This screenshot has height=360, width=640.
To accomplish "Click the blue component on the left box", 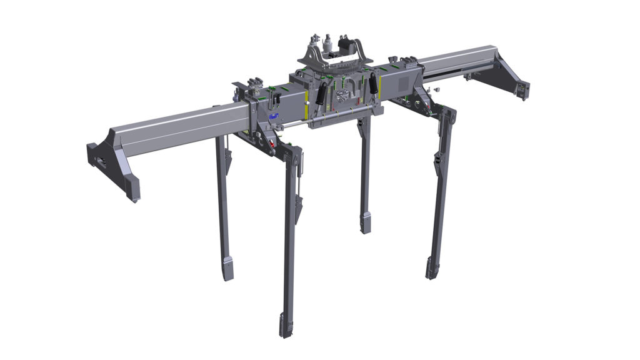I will (x=273, y=116).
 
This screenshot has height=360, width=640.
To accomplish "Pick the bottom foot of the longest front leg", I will (x=286, y=326).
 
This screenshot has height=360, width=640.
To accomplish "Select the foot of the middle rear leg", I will (x=366, y=222).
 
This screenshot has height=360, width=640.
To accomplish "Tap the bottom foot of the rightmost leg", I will (x=431, y=267).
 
